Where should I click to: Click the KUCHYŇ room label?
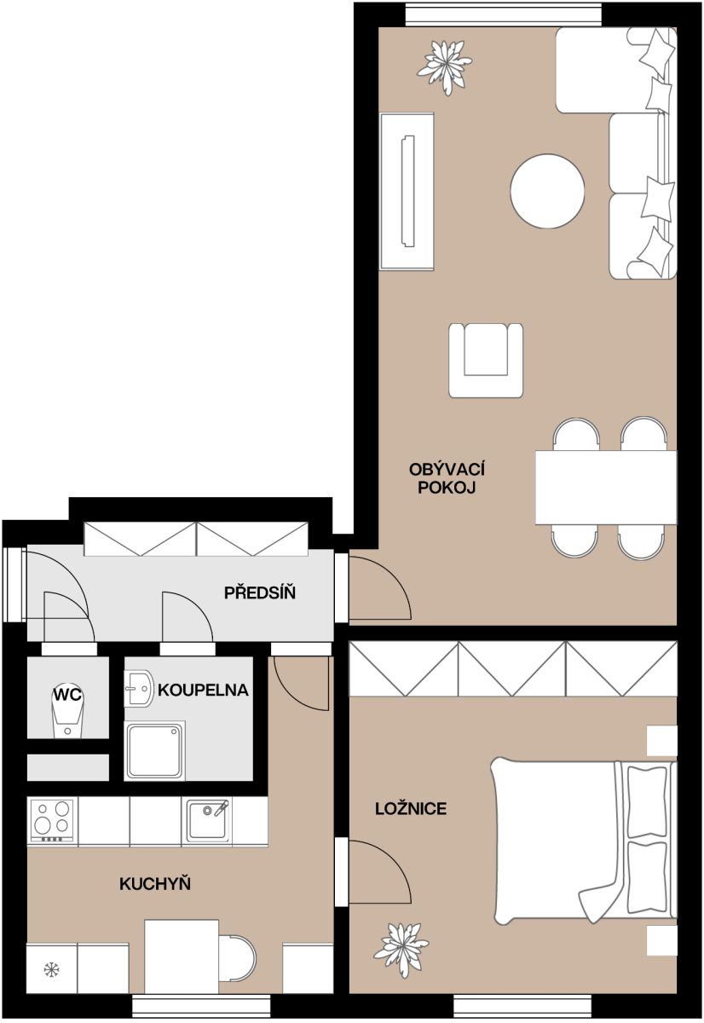tap(155, 884)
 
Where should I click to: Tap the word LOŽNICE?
tap(411, 809)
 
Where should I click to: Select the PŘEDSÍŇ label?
tap(260, 592)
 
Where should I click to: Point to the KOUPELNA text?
tap(203, 690)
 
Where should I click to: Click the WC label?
tap(67, 695)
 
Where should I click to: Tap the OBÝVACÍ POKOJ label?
tap(447, 478)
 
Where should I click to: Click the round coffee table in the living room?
tap(547, 191)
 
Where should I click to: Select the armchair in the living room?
tap(486, 361)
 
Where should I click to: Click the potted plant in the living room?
tap(444, 67)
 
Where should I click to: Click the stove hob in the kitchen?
tap(52, 821)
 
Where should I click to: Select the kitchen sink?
tap(207, 820)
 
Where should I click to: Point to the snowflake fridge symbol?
tap(52, 969)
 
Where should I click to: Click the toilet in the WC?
tap(67, 713)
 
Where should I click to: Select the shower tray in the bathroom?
tap(155, 751)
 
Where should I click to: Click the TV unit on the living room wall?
tap(407, 191)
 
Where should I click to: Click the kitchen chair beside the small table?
tap(237, 958)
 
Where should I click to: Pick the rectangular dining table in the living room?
tap(606, 488)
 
